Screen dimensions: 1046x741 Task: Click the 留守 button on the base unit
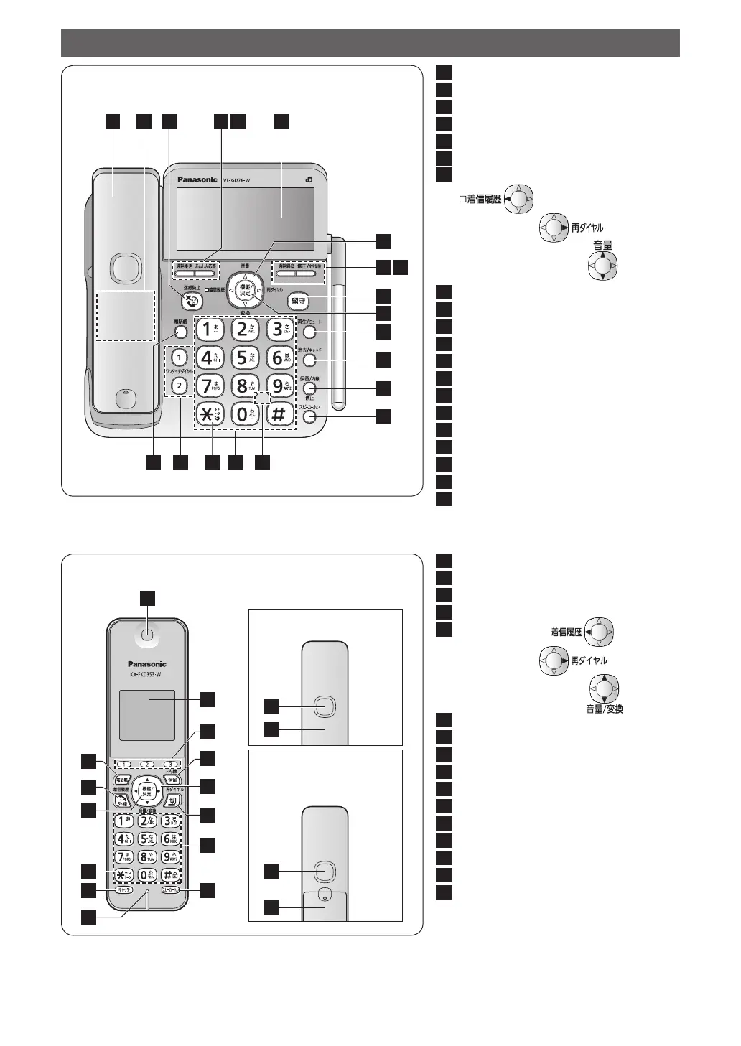pos(299,301)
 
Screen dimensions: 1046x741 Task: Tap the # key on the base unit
pos(279,414)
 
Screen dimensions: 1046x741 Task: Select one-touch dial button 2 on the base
pos(180,386)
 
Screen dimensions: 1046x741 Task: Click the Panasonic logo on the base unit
pos(197,179)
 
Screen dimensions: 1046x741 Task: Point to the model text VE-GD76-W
pos(236,180)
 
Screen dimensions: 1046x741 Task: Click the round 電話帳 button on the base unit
pos(181,332)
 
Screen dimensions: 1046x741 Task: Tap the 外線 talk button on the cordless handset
pos(121,801)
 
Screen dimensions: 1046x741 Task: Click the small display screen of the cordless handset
pos(147,715)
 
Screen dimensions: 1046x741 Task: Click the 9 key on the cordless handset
pos(170,856)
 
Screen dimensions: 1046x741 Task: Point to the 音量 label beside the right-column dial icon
pos(602,246)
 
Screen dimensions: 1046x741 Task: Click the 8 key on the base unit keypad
pos(243,386)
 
